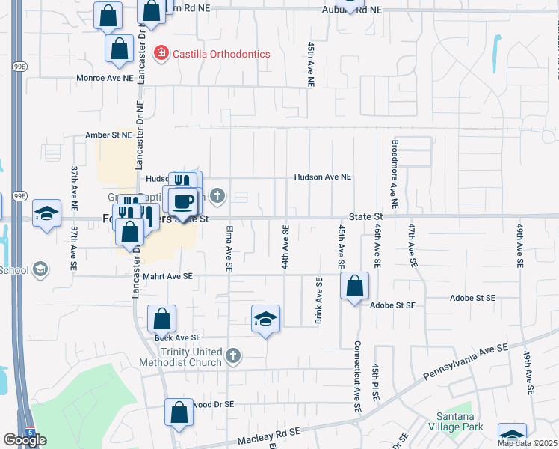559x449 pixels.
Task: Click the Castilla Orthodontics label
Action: coord(221,54)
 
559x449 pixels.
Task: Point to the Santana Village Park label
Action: coord(454,421)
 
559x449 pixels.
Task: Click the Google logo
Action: coord(24,440)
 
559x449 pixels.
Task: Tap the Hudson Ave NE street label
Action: coord(322,177)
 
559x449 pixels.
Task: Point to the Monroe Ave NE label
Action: coord(105,77)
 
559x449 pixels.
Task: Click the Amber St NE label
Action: coord(108,135)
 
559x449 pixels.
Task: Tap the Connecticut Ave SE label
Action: coord(357,377)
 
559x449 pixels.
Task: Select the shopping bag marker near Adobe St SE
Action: coord(354,286)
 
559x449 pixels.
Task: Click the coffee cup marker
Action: coord(183,201)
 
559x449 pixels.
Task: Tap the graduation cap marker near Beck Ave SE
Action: coord(266,320)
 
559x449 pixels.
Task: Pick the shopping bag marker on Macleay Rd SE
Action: coord(179,412)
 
